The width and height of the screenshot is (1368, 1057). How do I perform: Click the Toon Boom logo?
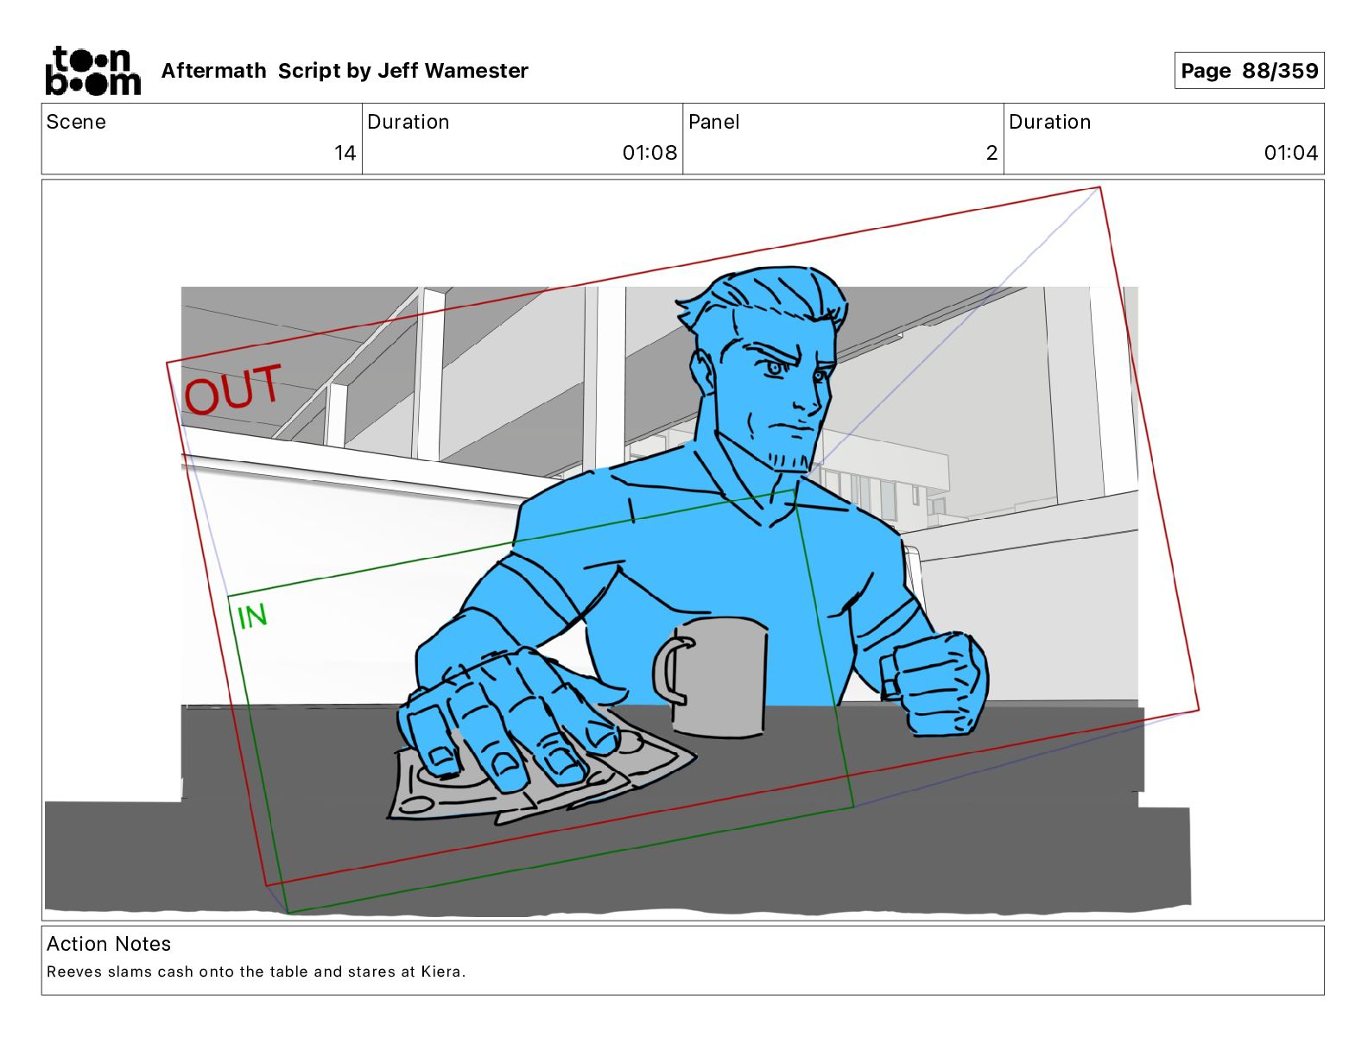[x=93, y=71]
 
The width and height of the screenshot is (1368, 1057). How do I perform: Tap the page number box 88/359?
[x=1249, y=71]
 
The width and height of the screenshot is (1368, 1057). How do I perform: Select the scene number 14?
[x=345, y=153]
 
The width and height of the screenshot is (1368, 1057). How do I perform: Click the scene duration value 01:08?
[x=649, y=153]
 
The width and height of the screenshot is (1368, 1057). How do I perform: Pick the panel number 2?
[x=991, y=153]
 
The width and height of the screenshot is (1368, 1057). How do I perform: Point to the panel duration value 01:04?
[x=1290, y=153]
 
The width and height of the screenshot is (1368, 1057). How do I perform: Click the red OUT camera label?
[x=232, y=389]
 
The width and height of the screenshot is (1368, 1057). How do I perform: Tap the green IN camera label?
[x=252, y=617]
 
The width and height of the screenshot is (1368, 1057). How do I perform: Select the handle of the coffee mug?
[x=668, y=670]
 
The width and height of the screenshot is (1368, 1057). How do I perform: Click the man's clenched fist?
[x=934, y=684]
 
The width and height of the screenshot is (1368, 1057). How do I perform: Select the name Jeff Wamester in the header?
[x=453, y=71]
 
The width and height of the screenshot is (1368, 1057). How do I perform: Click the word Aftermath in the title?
[x=214, y=71]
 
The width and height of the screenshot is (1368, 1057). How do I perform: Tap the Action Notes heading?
[x=108, y=944]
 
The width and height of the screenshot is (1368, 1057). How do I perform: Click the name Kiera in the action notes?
[x=442, y=972]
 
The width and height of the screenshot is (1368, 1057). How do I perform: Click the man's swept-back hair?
[x=765, y=296]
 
